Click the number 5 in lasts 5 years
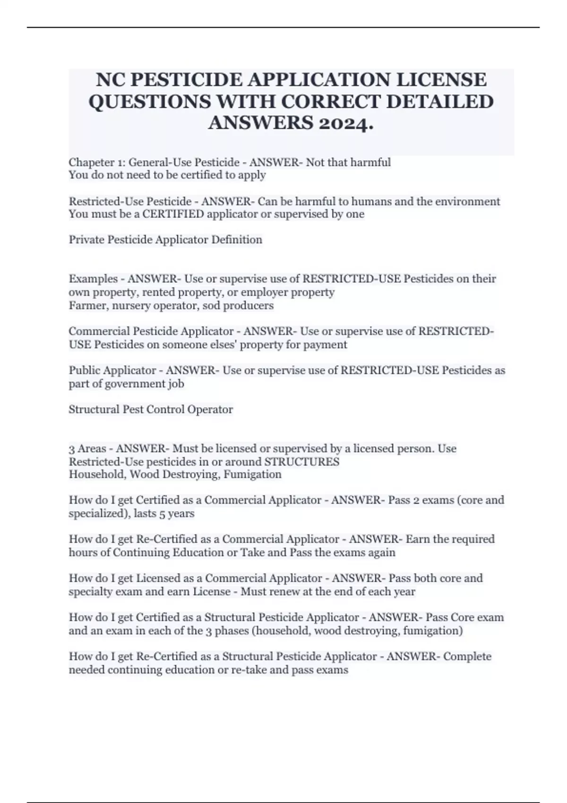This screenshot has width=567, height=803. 162,514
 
